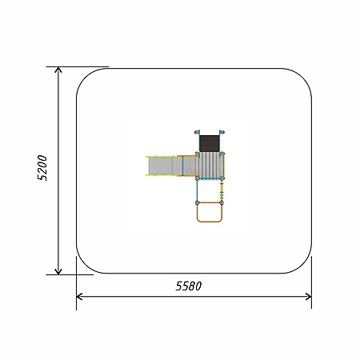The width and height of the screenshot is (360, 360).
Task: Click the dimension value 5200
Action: (x=42, y=168)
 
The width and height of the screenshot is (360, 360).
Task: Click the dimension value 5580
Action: (x=189, y=286)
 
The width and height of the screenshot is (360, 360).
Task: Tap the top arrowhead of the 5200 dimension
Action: (x=58, y=70)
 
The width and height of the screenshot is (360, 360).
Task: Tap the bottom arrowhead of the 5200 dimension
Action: (x=58, y=271)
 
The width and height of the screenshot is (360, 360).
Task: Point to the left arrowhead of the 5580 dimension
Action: (x=79, y=297)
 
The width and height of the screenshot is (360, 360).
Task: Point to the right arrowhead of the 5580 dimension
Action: (x=308, y=297)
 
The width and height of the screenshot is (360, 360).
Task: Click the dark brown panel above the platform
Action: (x=210, y=143)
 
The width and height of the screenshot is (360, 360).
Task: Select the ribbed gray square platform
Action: (x=210, y=166)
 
